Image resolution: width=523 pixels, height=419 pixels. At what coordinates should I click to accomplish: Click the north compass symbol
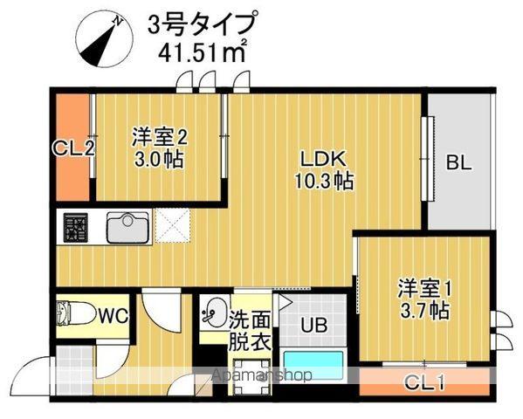click(x=104, y=41)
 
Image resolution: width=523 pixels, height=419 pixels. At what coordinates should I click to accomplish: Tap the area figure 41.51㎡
click(x=201, y=50)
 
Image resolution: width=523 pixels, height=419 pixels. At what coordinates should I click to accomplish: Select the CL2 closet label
click(x=73, y=148)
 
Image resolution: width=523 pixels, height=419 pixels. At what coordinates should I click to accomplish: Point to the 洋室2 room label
click(x=160, y=136)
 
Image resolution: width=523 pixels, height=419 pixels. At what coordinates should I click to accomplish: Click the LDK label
click(x=324, y=160)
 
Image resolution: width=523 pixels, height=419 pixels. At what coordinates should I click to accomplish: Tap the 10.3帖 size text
click(x=324, y=182)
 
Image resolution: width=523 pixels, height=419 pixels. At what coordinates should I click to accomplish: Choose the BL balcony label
click(x=458, y=162)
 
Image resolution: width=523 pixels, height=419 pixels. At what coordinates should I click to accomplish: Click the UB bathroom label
click(x=314, y=326)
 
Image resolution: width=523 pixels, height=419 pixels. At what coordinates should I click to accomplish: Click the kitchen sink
click(x=129, y=229)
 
